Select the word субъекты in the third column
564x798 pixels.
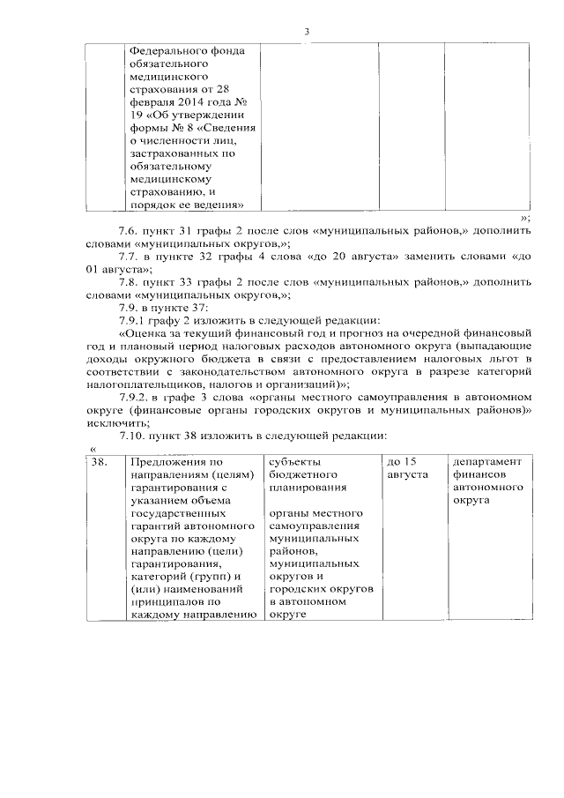pyautogui.click(x=295, y=462)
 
